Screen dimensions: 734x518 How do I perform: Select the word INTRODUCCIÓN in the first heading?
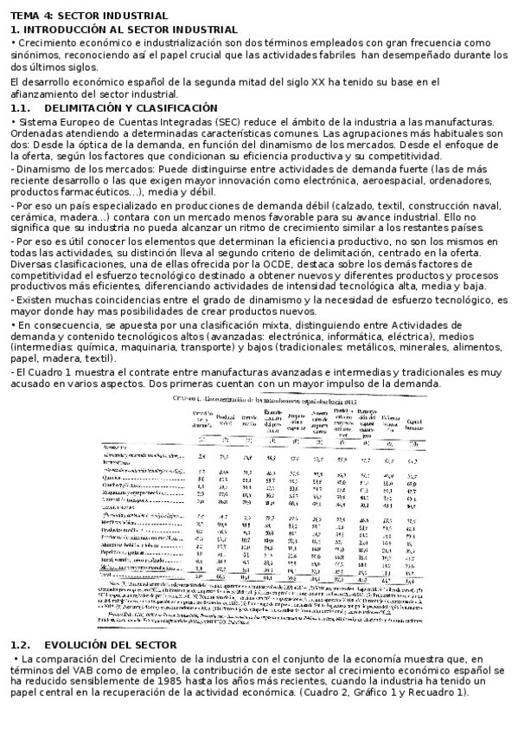click(61, 29)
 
